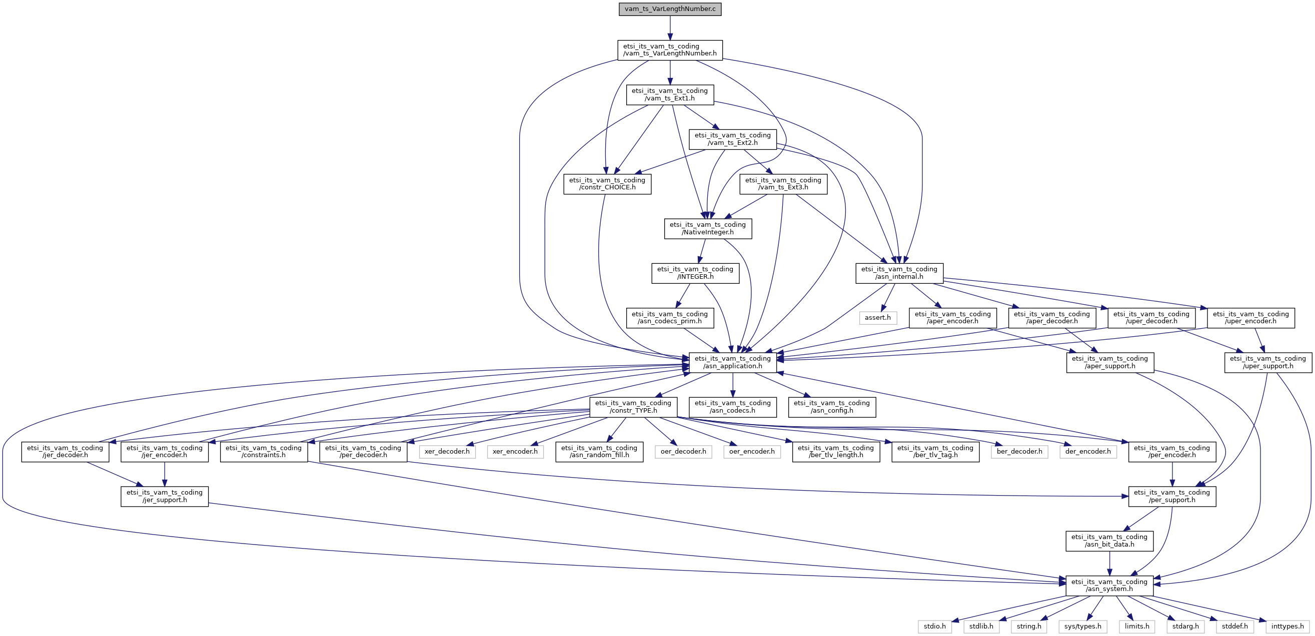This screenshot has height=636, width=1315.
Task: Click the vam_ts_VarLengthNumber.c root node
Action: (x=670, y=9)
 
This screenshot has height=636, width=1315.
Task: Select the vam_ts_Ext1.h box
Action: (x=670, y=94)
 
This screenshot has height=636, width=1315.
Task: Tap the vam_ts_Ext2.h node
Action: (x=733, y=139)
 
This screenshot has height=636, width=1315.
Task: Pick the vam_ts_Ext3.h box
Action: (x=783, y=184)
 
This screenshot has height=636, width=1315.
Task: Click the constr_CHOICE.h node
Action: (x=607, y=184)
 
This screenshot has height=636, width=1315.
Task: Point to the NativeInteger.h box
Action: (x=708, y=228)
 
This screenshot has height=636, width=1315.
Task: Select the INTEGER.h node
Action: (x=695, y=273)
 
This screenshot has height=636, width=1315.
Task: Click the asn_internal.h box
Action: (x=899, y=273)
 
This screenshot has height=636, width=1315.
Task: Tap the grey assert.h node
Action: (x=877, y=318)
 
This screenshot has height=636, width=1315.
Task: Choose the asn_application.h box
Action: (x=733, y=362)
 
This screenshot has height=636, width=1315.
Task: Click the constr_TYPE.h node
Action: (x=633, y=407)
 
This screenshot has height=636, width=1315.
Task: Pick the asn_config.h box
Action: (x=832, y=407)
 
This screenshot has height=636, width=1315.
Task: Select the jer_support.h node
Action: (x=165, y=496)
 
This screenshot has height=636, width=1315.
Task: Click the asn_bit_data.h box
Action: (x=1109, y=541)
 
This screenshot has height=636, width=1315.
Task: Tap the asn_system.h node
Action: (x=1109, y=586)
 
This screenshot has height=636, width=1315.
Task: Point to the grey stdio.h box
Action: (x=935, y=627)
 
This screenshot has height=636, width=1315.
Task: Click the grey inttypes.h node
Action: (x=1287, y=627)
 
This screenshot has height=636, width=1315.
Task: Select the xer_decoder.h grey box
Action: (x=447, y=451)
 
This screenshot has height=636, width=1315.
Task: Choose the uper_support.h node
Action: (x=1267, y=362)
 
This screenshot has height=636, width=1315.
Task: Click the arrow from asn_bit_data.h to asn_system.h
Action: (x=1109, y=563)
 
